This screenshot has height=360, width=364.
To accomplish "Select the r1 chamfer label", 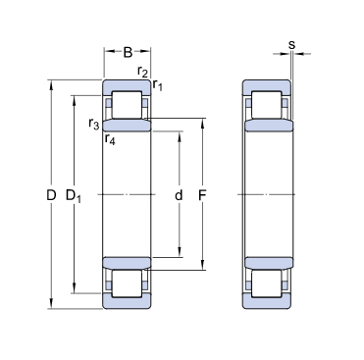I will (x=157, y=87).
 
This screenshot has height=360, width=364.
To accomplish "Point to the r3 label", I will (x=93, y=123).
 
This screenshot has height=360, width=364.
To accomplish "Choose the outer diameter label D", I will (x=50, y=195).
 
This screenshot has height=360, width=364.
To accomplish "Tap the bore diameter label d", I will (x=178, y=195).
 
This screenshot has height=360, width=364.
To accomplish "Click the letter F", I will (x=202, y=195).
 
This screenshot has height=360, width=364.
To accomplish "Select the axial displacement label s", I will (x=292, y=44).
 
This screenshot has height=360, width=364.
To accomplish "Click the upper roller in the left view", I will (x=128, y=105).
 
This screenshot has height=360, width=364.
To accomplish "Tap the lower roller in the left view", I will (x=128, y=283).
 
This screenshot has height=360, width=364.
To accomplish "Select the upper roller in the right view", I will (x=268, y=105).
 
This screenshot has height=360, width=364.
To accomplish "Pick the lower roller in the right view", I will (x=268, y=283).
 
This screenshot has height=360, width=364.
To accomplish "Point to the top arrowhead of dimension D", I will (x=50, y=83).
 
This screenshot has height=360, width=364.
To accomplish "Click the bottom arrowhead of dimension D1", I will (x=73, y=292).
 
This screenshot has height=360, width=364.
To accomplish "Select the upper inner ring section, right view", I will (x=268, y=126).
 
